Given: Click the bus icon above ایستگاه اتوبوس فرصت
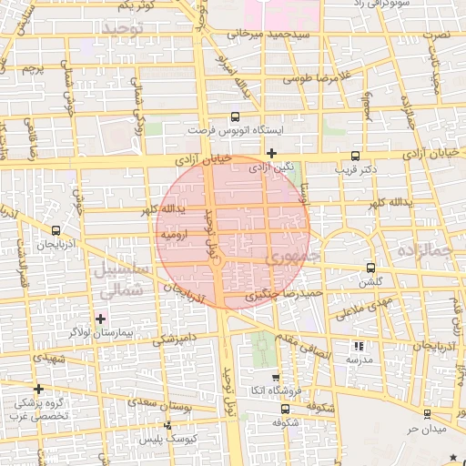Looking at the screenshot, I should point(236,117).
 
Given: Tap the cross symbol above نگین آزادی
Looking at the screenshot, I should point(271,152).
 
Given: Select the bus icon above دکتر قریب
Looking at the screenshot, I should point(354,156).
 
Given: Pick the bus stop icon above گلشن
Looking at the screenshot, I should point(370,268).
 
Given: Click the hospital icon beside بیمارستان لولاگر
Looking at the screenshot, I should point(100,319).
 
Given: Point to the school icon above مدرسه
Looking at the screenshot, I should point(358,346).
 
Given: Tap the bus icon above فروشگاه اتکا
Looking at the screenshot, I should point(274,378).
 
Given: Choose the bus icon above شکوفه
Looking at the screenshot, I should point(286,409).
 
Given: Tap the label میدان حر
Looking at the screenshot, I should point(425,428).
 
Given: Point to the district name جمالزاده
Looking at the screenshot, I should point(425,248).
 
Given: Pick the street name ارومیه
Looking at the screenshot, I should point(175,235).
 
